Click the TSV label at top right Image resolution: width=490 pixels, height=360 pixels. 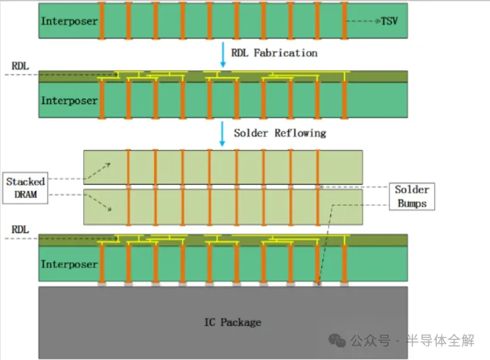(390, 22)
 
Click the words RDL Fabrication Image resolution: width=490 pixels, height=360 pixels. (274, 52)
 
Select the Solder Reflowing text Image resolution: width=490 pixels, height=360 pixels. (279, 133)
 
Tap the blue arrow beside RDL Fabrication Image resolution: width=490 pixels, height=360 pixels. (222, 52)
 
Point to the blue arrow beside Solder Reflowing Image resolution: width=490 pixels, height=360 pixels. (222, 132)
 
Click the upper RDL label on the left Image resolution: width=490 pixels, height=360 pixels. (19, 66)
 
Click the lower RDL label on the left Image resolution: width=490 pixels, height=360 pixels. (19, 230)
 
